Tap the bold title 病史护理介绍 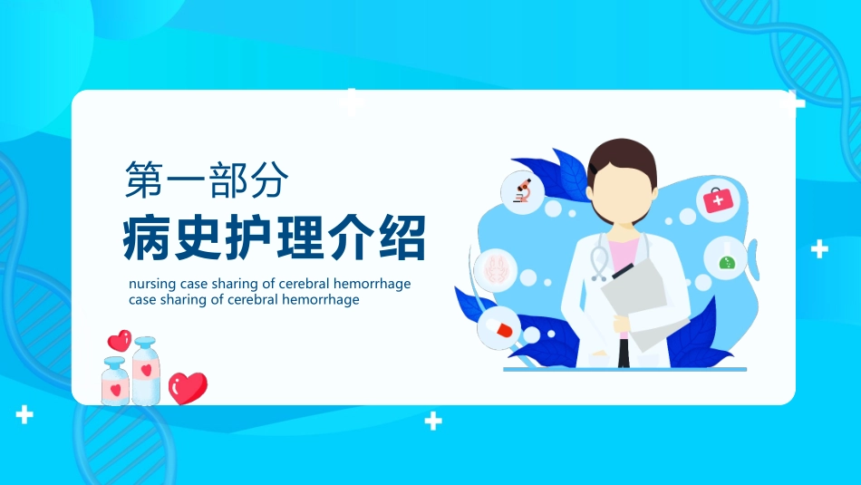(275, 238)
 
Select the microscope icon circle (523, 192)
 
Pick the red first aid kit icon (718, 199)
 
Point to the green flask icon (725, 257)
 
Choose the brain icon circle (495, 269)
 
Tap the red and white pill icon (498, 327)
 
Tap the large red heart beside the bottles (188, 387)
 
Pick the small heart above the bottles (119, 341)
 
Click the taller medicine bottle (146, 371)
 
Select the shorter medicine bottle (115, 381)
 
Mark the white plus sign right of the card (819, 248)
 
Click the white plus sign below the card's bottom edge (434, 421)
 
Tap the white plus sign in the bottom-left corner (24, 415)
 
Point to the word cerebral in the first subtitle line (304, 284)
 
